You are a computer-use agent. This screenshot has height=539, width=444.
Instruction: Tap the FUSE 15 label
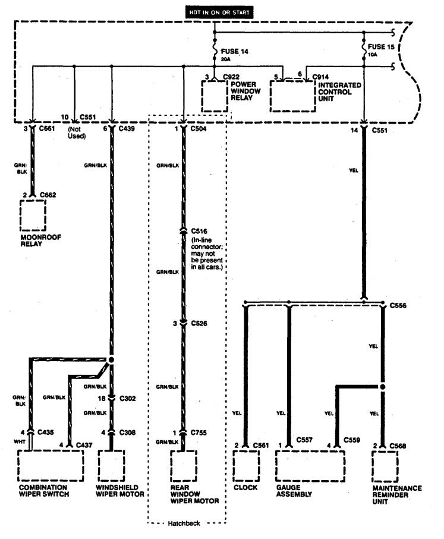(x=380, y=47)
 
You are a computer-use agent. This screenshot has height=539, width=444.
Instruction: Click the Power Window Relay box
(x=214, y=96)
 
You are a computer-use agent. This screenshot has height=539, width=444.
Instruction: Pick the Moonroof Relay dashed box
(x=33, y=215)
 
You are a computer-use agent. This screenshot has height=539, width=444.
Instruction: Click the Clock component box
(x=246, y=468)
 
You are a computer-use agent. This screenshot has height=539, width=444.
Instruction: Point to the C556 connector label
(x=399, y=305)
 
